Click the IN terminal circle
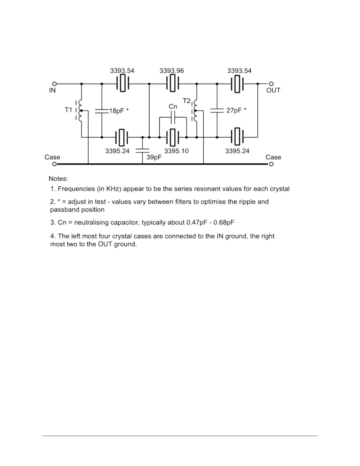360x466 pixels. click(x=54, y=84)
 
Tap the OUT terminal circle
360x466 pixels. click(x=271, y=84)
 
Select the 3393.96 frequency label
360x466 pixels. click(x=171, y=71)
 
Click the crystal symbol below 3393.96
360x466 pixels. click(x=173, y=84)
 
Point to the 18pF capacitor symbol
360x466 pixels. click(x=102, y=111)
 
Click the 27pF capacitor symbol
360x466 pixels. click(x=217, y=111)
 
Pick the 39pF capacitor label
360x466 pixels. click(x=154, y=157)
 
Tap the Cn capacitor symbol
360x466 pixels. click(x=173, y=117)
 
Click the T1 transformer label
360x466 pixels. click(x=68, y=110)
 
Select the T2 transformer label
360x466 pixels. click(x=187, y=101)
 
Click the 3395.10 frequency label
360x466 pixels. click(x=176, y=151)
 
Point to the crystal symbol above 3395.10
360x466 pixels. click(x=173, y=137)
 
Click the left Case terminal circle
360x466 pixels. click(x=54, y=164)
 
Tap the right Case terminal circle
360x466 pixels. click(x=271, y=164)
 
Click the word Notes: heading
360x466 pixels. click(x=58, y=179)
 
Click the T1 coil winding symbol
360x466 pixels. click(x=80, y=110)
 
